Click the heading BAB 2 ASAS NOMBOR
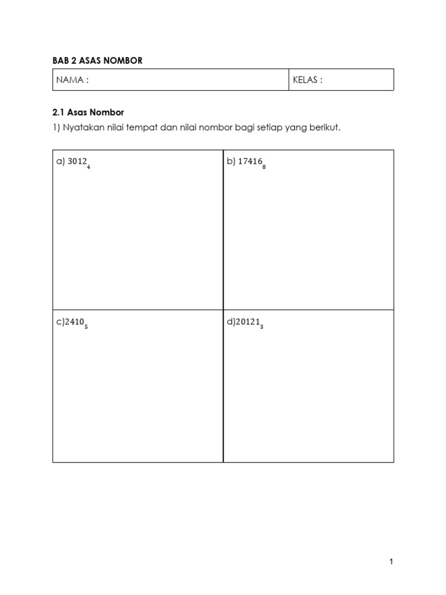point(97,60)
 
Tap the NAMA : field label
point(73,80)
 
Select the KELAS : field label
point(308,80)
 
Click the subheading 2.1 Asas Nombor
point(88,112)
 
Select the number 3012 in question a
point(77,162)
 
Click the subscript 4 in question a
point(88,167)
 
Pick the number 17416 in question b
point(250,162)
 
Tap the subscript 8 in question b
point(264,167)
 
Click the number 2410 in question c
point(74,322)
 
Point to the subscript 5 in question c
point(86,327)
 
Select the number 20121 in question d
point(247,322)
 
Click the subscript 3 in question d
point(262,327)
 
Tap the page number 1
point(391,561)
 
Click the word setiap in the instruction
point(256,128)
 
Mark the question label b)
point(231,162)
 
